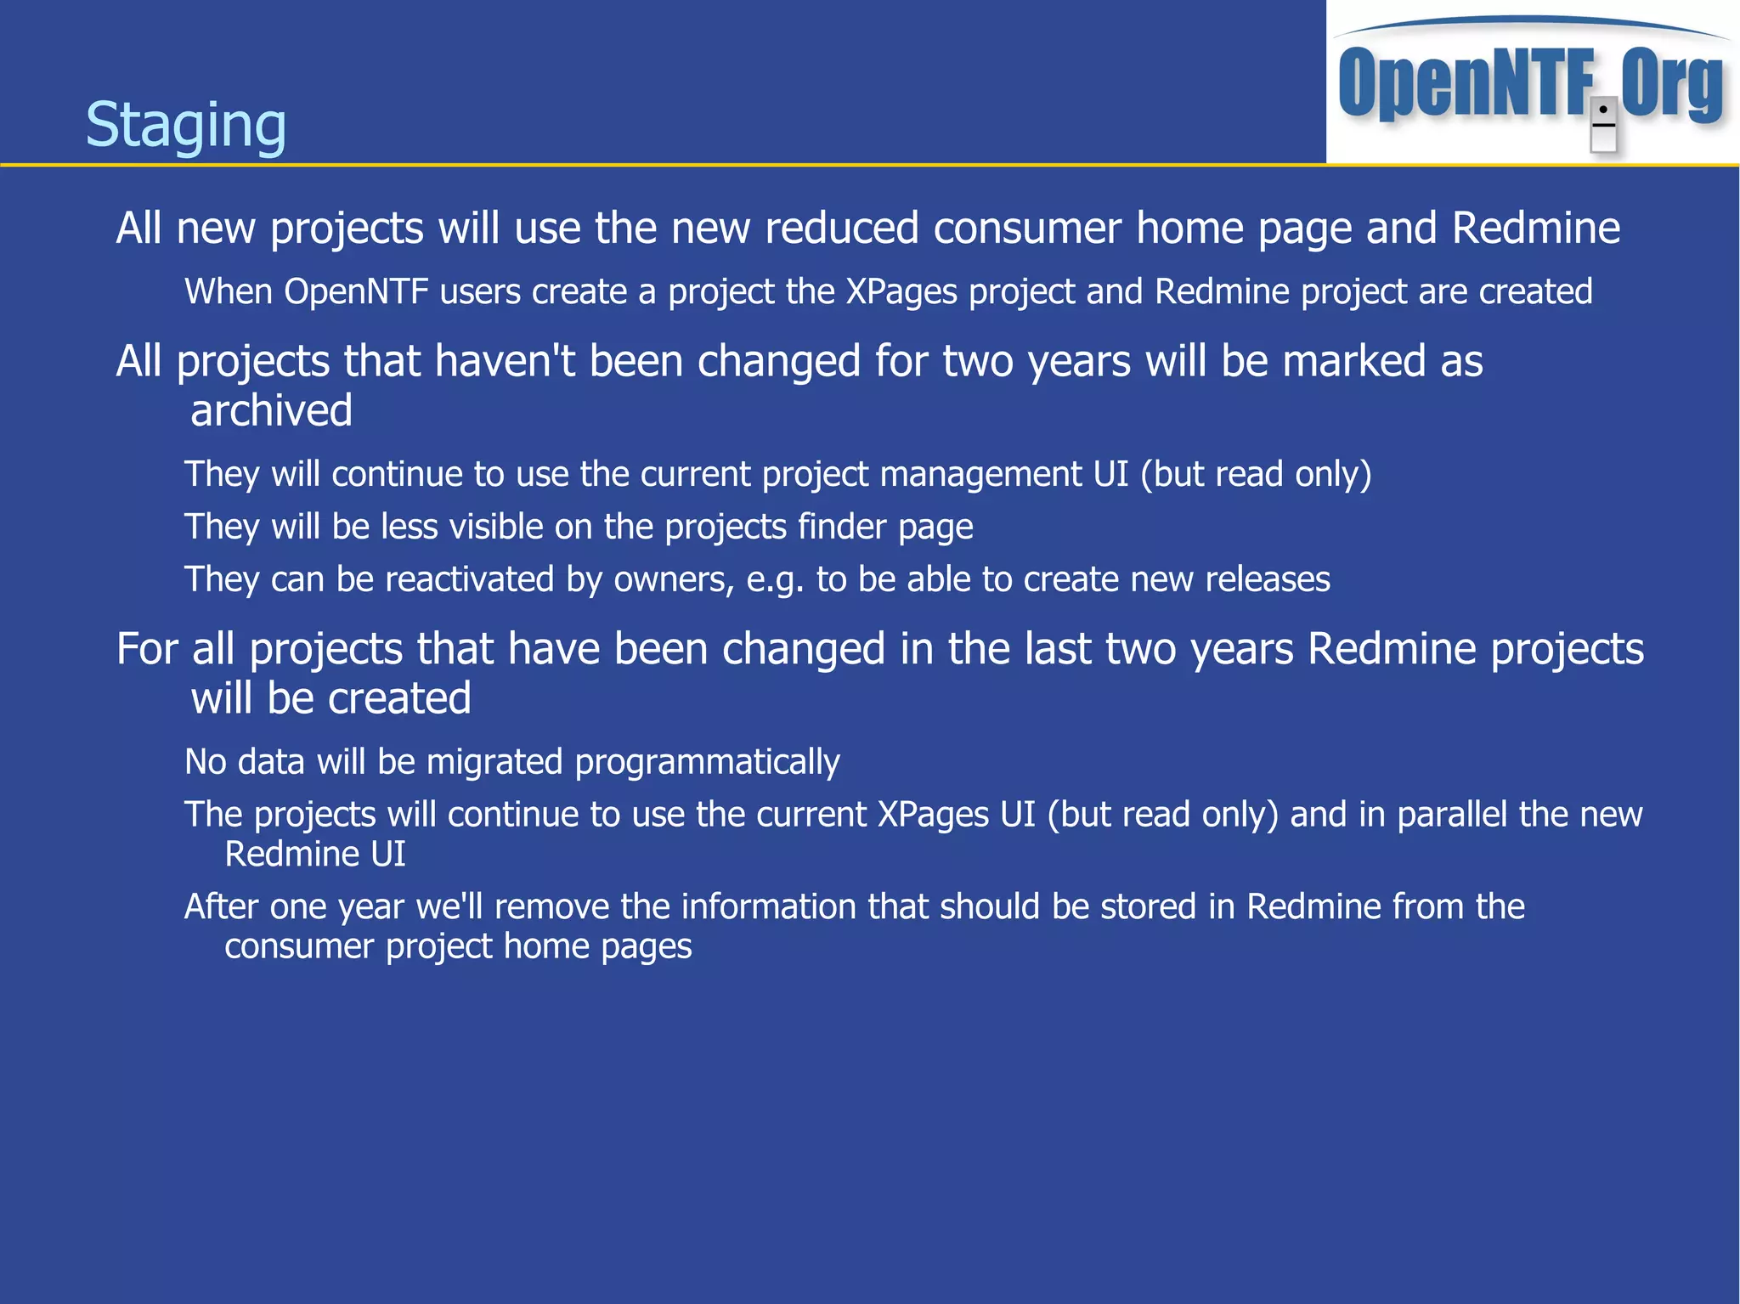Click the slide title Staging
point(186,125)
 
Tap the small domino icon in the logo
point(1602,126)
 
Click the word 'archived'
point(271,411)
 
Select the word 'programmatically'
point(707,762)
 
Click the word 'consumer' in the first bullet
point(1027,229)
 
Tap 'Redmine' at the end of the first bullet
point(1535,229)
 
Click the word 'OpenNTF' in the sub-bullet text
point(356,292)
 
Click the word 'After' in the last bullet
point(221,907)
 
